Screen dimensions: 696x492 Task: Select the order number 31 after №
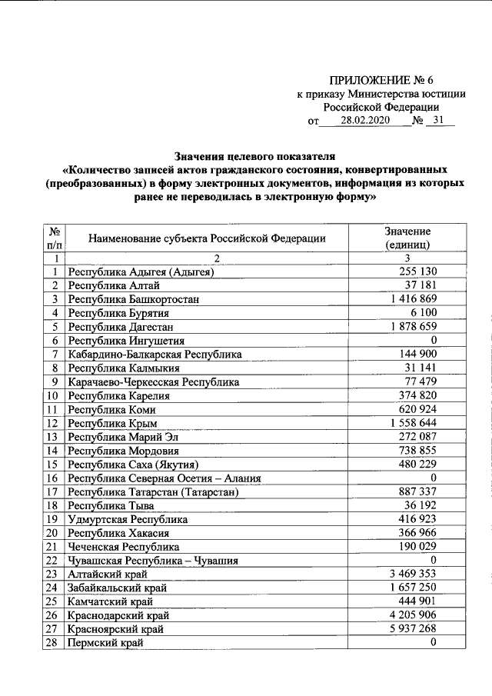pos(438,121)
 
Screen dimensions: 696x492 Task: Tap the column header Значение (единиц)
pos(407,238)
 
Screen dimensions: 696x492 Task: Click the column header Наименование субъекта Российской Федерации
pos(207,238)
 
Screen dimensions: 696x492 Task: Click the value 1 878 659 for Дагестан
pos(412,326)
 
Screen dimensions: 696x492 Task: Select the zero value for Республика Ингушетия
pos(434,340)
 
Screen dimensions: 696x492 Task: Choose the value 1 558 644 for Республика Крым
pos(412,423)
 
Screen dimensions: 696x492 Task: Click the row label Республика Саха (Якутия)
pos(134,465)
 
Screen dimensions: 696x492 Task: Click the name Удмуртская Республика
pos(128,519)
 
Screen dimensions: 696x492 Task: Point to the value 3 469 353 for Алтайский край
pos(412,574)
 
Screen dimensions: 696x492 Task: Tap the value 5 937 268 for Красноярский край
pos(412,629)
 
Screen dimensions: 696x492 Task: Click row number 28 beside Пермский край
pos(53,643)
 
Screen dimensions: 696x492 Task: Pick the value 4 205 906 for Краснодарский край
pos(412,615)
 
